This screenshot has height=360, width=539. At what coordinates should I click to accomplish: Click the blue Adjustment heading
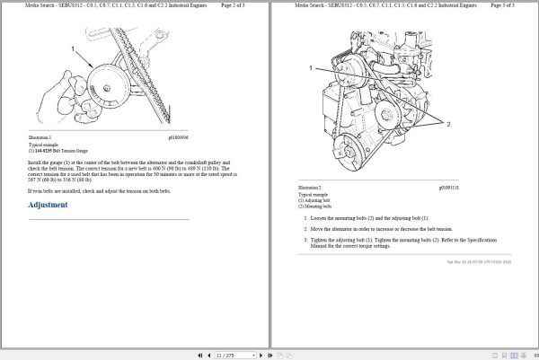[48, 205]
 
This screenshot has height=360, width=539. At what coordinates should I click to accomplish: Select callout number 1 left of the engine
[311, 67]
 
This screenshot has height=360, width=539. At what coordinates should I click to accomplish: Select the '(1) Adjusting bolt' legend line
[314, 200]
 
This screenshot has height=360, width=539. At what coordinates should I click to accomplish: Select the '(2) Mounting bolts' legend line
[314, 206]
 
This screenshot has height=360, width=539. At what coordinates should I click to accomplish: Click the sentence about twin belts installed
[100, 191]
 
